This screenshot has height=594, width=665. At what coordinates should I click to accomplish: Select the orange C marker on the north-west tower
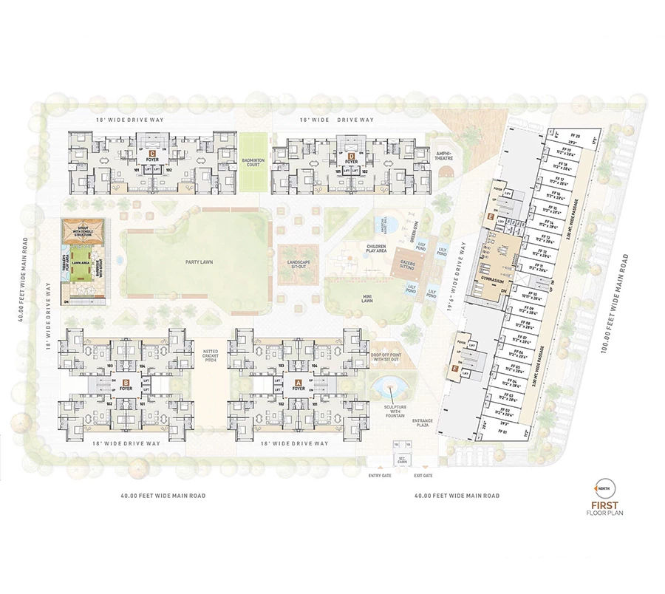coord(151,154)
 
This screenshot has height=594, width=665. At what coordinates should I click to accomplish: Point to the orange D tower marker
coord(352,154)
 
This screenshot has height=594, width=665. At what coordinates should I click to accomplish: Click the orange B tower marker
coord(126,383)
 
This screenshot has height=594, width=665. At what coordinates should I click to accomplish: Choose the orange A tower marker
coord(298,383)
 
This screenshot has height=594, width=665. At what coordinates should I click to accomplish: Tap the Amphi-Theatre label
coord(443,153)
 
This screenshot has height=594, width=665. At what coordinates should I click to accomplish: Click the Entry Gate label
coord(378,476)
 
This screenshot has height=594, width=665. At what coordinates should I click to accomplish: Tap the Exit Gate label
coord(423,476)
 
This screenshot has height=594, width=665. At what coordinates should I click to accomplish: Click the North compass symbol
coord(603,489)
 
